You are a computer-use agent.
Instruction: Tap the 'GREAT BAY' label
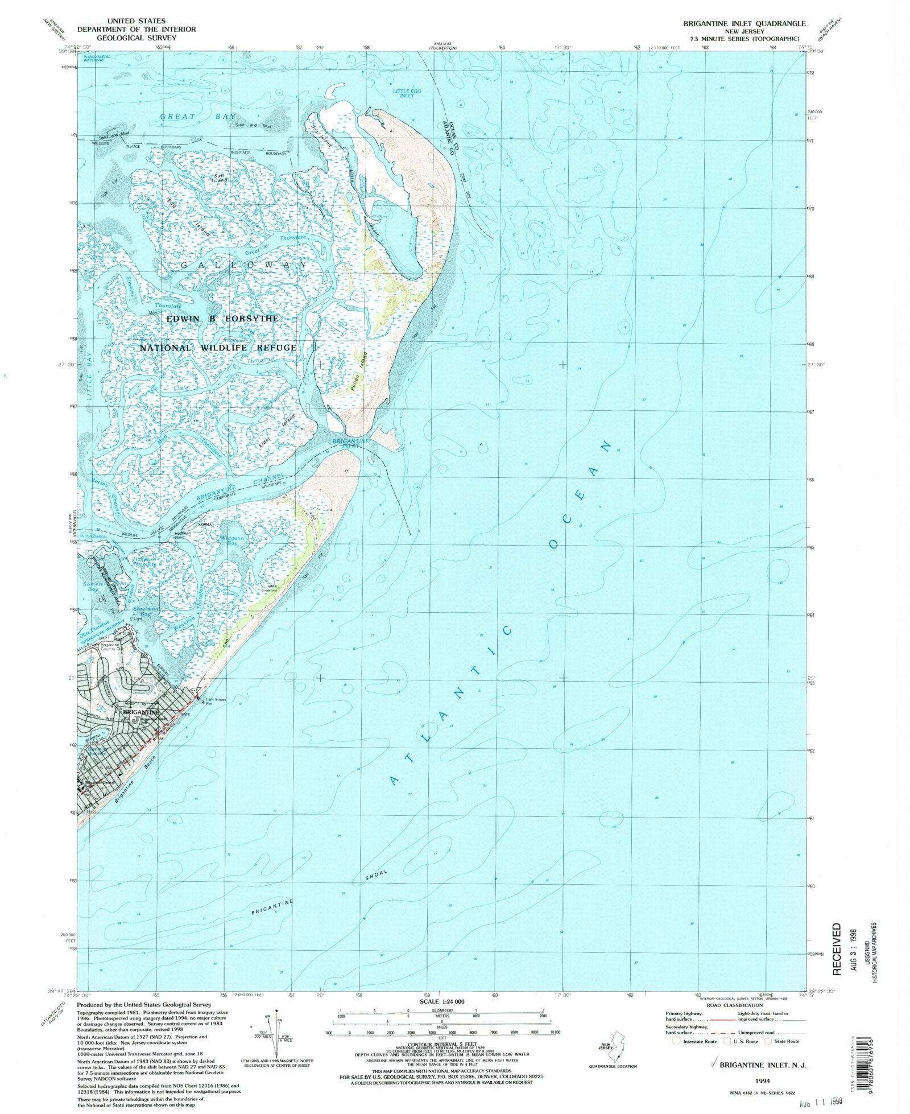[197, 117]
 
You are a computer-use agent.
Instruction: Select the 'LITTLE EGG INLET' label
[407, 93]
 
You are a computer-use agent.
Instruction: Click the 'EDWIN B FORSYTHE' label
[222, 319]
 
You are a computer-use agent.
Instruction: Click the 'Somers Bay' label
[93, 587]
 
